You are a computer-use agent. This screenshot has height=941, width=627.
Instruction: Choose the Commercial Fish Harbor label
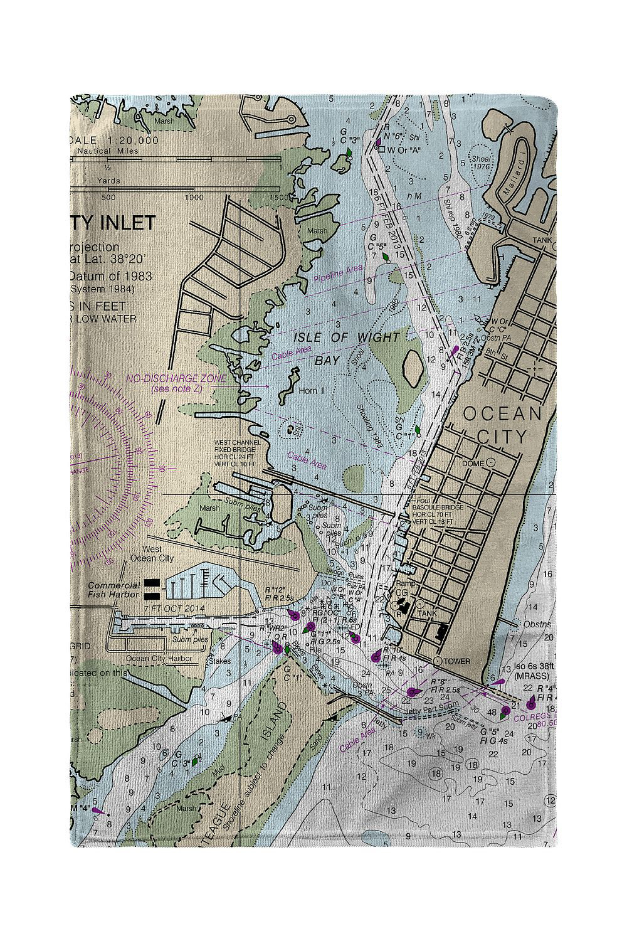(113, 590)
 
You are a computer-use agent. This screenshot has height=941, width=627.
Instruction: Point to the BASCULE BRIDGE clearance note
(438, 514)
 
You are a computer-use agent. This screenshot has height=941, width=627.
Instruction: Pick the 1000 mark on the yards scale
(194, 198)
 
